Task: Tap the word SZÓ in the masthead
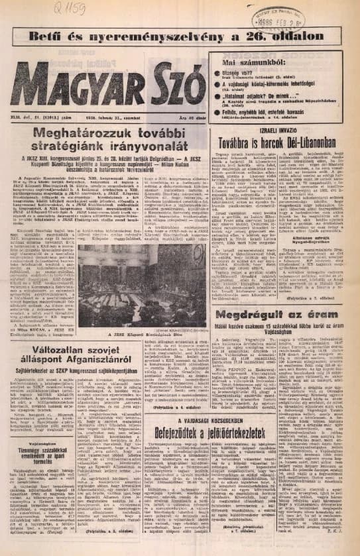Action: click(173, 82)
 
